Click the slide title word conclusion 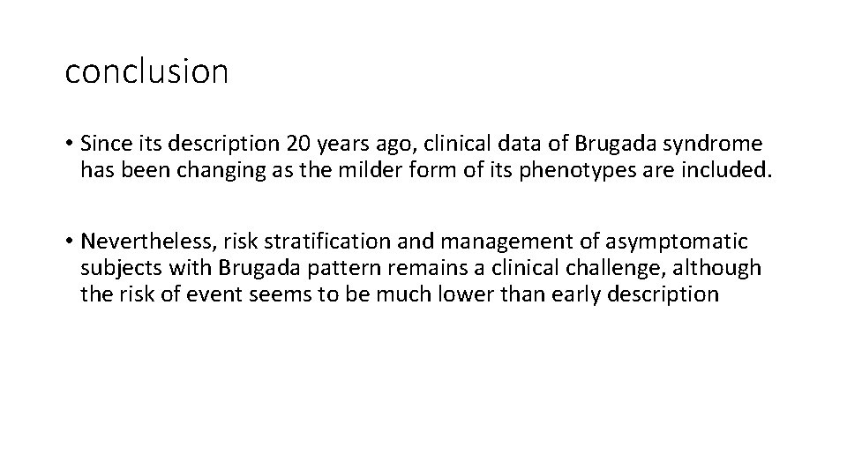pos(146,71)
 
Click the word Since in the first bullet pos(105,144)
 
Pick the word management pos(498,242)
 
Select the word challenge pos(603,267)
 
